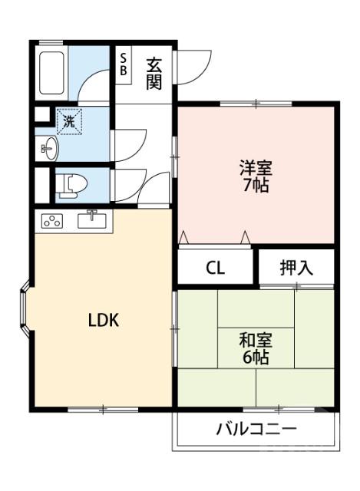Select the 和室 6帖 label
click(256, 348)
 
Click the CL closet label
click(215, 269)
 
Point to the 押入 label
click(296, 268)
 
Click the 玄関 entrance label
click(154, 71)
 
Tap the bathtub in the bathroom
click(51, 72)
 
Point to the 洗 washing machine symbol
click(69, 120)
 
